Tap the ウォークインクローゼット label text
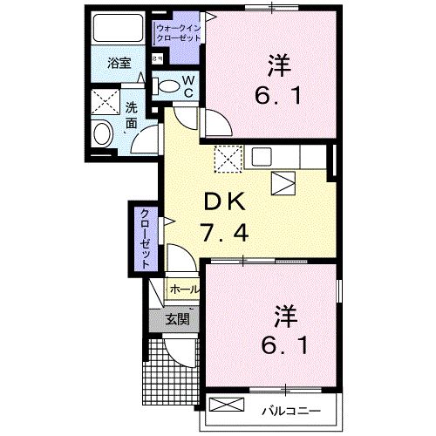pyautogui.click(x=180, y=34)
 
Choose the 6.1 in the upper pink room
pyautogui.click(x=280, y=95)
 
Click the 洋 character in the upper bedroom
pyautogui.click(x=278, y=65)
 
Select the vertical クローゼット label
pyautogui.click(x=143, y=238)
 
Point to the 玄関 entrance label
pyautogui.click(x=177, y=319)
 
